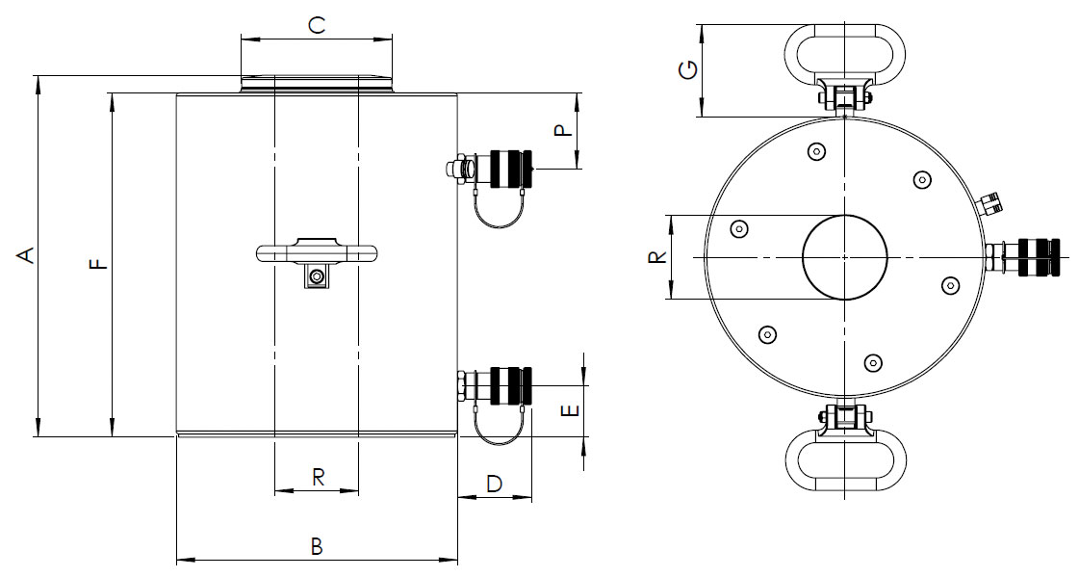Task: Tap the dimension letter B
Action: pos(317,546)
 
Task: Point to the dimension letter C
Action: pos(317,26)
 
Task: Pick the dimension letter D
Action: pos(494,484)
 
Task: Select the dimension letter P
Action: pos(563,130)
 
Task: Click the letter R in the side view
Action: pos(317,476)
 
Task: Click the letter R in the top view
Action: pos(655,257)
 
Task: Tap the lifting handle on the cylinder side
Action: pos(317,252)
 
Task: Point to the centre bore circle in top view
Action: pos(844,257)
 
